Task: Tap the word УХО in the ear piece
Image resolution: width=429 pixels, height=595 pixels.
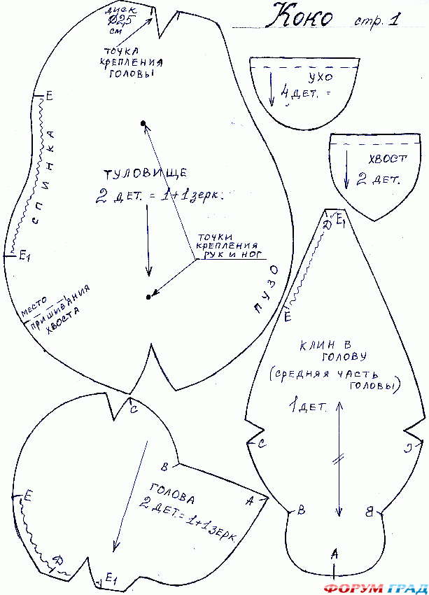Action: pyautogui.click(x=319, y=76)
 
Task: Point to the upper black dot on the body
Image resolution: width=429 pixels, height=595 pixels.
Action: pyautogui.click(x=143, y=124)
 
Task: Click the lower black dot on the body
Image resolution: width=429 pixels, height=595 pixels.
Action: pyautogui.click(x=148, y=297)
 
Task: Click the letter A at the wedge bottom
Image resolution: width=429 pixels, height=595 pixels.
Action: pyautogui.click(x=335, y=553)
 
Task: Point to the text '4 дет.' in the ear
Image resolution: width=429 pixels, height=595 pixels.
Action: pyautogui.click(x=300, y=93)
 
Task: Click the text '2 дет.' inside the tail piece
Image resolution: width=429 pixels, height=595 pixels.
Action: pyautogui.click(x=378, y=179)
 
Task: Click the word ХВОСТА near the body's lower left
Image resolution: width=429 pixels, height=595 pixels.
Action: pyautogui.click(x=63, y=323)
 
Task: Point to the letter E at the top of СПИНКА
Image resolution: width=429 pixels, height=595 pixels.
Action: pyautogui.click(x=49, y=96)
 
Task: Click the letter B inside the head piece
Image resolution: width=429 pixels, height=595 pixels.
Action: pyautogui.click(x=164, y=467)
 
